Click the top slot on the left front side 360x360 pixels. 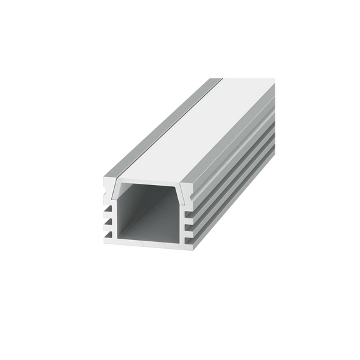pyautogui.click(x=109, y=209)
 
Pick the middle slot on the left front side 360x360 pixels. pyautogui.click(x=109, y=222)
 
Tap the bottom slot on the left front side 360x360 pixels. pyautogui.click(x=109, y=234)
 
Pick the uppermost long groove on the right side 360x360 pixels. pyautogui.click(x=240, y=158)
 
